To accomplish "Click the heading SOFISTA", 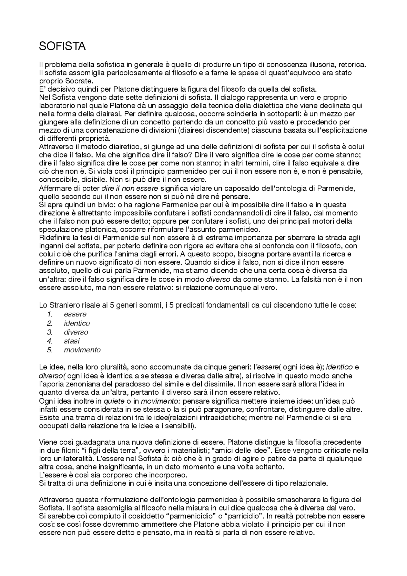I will (62, 46).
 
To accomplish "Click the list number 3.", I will (49, 332).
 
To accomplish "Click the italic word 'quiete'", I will (114, 401).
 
